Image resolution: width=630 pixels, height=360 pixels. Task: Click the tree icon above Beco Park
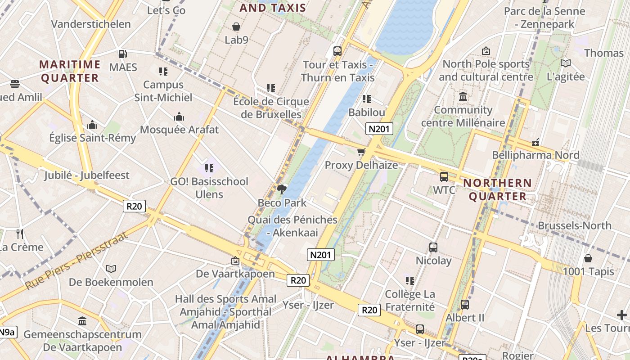(x=282, y=189)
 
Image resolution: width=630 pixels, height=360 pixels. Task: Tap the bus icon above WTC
(x=444, y=176)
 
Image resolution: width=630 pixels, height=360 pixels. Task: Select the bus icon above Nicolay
(x=433, y=247)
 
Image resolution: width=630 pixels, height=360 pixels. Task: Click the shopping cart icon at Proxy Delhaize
(x=361, y=152)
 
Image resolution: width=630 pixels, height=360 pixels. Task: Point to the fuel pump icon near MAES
(x=122, y=54)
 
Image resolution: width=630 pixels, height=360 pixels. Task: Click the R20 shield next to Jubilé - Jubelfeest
(x=134, y=207)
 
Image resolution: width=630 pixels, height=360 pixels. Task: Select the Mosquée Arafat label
(x=179, y=130)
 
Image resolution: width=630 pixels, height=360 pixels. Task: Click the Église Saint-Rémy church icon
(x=92, y=124)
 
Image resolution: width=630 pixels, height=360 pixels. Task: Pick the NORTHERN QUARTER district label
(x=497, y=189)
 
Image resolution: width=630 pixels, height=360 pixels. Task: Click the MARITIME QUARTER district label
(x=70, y=71)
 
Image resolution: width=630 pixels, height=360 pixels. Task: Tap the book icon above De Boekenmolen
(x=111, y=269)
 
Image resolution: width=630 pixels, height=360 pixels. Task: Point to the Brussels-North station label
(x=574, y=225)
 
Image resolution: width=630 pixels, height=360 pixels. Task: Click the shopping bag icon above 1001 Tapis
(x=588, y=258)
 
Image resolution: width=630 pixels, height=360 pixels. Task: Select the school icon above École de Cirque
(x=270, y=88)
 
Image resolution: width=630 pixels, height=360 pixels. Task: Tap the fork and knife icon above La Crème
(x=20, y=234)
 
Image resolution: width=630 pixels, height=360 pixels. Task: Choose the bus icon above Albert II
(x=465, y=305)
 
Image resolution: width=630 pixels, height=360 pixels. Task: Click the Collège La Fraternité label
(x=410, y=301)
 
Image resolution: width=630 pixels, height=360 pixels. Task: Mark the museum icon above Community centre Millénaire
(x=463, y=96)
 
